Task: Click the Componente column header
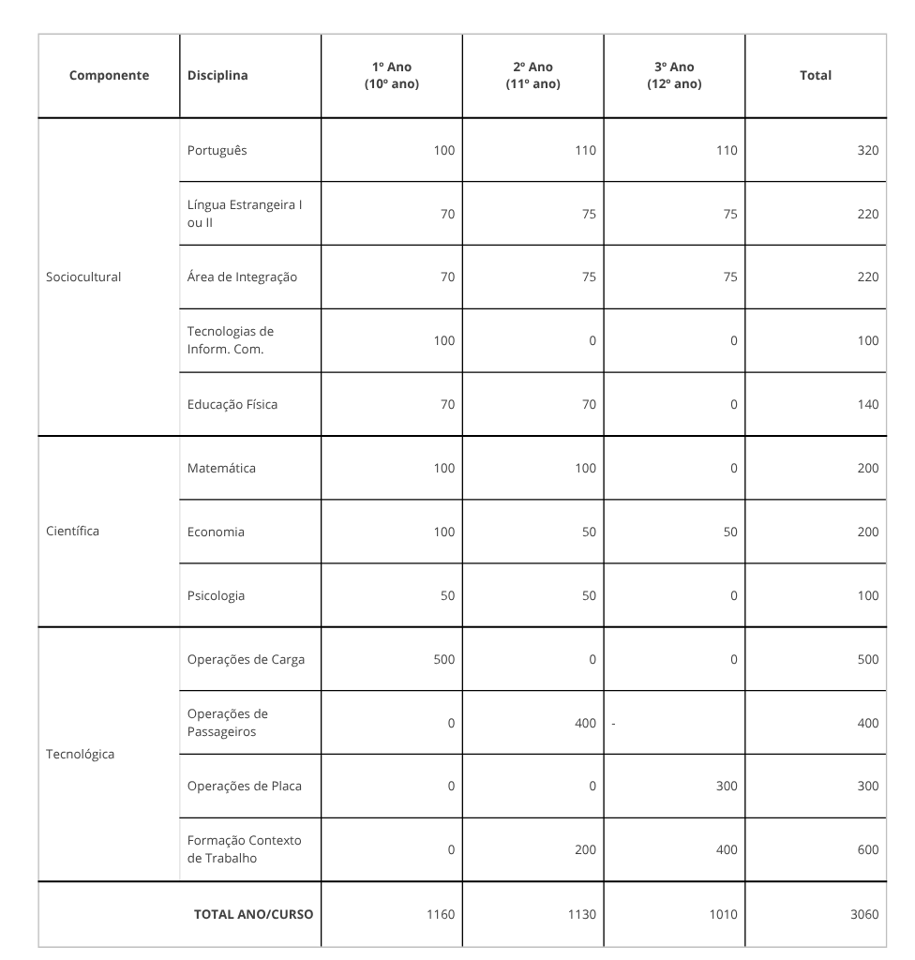[x=109, y=76]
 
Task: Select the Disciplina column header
[x=217, y=76]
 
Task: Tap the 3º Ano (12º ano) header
[x=674, y=76]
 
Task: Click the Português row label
[x=217, y=150]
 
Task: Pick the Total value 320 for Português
[x=867, y=150]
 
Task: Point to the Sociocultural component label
[x=83, y=277]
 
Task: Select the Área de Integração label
[x=242, y=277]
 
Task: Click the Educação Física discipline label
[x=232, y=404]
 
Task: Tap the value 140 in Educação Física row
[x=867, y=404]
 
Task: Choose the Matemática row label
[x=221, y=468]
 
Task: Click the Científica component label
[x=72, y=532]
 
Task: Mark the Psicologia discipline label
[x=216, y=595]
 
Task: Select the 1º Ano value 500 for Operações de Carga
[x=443, y=659]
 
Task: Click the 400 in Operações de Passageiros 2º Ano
[x=585, y=723]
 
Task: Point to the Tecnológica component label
[x=80, y=754]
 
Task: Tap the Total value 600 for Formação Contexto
[x=867, y=849]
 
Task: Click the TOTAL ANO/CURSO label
[x=253, y=914]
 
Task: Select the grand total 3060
[x=863, y=914]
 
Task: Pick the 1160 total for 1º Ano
[x=440, y=914]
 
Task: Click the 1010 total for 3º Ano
[x=723, y=914]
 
